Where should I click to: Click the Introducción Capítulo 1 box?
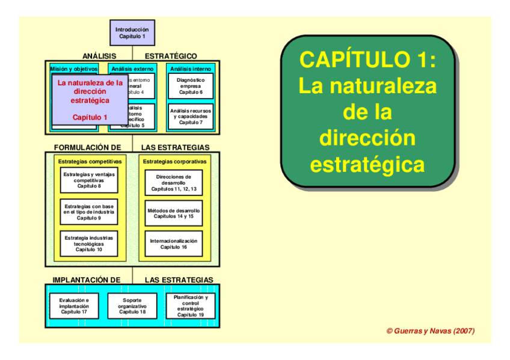(132, 32)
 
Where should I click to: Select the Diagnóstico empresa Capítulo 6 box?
(191, 86)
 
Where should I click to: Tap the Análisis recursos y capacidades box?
(191, 117)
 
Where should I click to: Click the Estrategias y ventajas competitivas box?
(89, 180)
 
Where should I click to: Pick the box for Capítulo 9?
(89, 212)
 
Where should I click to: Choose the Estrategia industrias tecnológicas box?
(89, 243)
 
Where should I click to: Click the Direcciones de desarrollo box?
(174, 183)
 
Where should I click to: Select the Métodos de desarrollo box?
(174, 213)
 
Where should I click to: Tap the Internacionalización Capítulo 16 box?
(174, 243)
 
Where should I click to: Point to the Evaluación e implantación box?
(74, 306)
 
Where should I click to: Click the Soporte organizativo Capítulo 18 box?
(132, 306)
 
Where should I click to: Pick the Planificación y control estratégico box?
(191, 306)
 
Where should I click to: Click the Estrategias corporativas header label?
(174, 162)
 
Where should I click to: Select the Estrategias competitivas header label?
(90, 162)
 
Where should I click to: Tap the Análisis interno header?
(191, 69)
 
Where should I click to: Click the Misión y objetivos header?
(73, 69)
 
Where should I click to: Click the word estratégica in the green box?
(367, 164)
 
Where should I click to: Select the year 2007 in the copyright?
(464, 331)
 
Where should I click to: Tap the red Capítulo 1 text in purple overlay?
(90, 117)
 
